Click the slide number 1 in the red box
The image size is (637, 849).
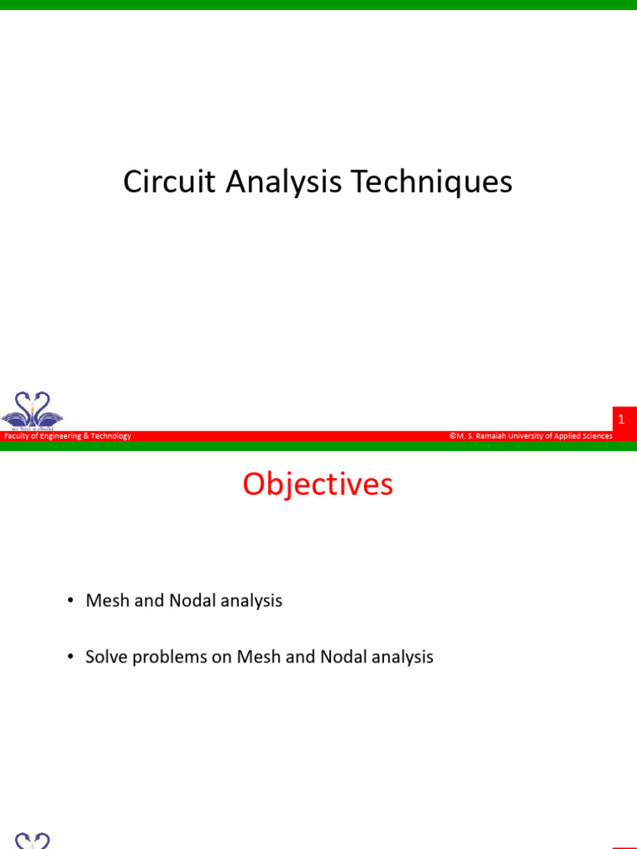[x=620, y=420]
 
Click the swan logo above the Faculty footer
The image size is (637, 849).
[x=32, y=410]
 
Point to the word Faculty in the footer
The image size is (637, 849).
[x=16, y=436]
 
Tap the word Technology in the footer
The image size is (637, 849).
[x=110, y=436]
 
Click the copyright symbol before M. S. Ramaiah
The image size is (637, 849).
[x=453, y=436]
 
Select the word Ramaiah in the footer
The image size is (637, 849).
[x=492, y=436]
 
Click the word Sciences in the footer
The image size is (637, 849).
[x=595, y=436]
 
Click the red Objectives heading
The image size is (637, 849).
[x=318, y=484]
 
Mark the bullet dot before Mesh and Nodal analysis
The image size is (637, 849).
[x=72, y=601]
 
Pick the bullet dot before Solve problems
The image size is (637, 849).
[x=72, y=657]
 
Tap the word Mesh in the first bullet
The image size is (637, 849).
[x=107, y=601]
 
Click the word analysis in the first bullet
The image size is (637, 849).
[x=251, y=601]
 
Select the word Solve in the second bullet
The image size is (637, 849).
[x=106, y=657]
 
